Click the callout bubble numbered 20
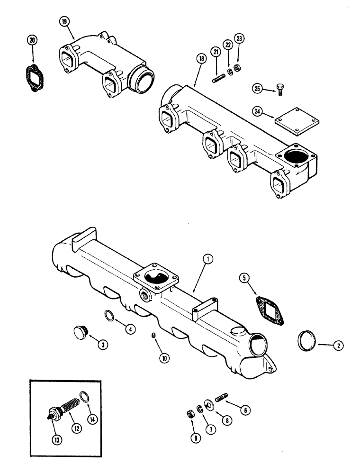click(32, 41)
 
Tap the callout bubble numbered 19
click(64, 22)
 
